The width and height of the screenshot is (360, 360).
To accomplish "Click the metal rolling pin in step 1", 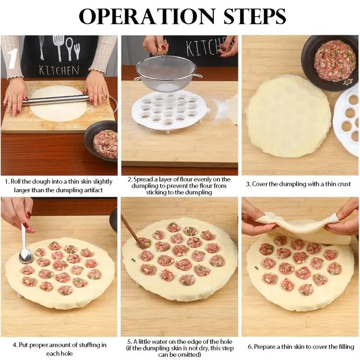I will pyautogui.click(x=58, y=99).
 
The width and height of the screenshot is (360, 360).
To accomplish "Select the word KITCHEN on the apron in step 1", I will pyautogui.click(x=59, y=70).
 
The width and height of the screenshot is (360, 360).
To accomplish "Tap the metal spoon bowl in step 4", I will pyautogui.click(x=26, y=256).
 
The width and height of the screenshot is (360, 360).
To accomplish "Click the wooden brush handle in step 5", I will pyautogui.click(x=131, y=229).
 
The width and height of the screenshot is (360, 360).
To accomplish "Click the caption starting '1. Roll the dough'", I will pyautogui.click(x=58, y=186).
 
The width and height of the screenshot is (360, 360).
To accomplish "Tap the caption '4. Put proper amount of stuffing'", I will pyautogui.click(x=59, y=349).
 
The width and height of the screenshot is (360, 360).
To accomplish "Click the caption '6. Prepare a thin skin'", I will pyautogui.click(x=300, y=347).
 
